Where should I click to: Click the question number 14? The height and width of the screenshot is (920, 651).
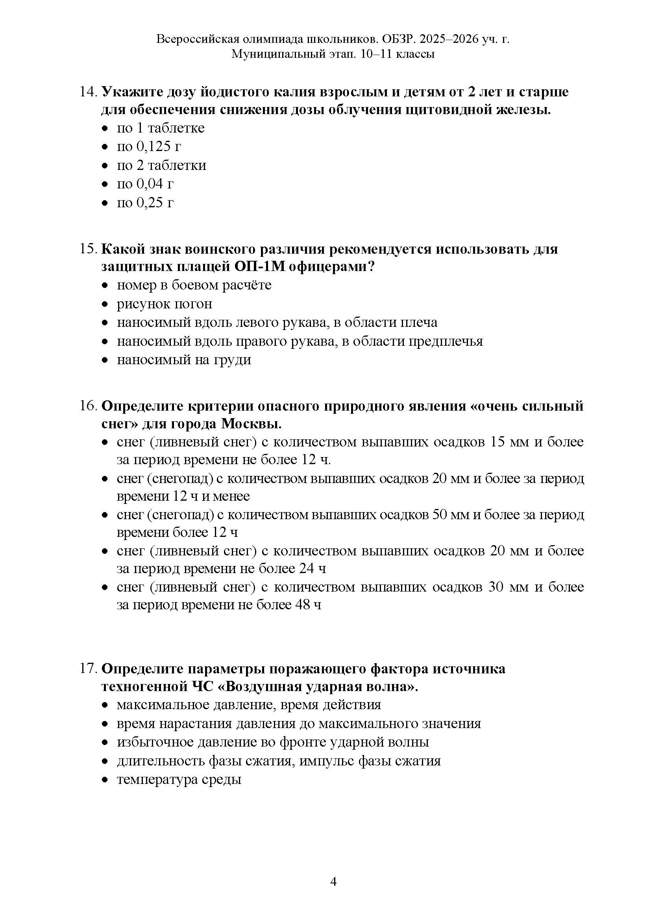click(x=88, y=92)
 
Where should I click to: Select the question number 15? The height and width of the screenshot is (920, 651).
click(x=88, y=249)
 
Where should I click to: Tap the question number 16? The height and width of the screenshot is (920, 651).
click(x=88, y=406)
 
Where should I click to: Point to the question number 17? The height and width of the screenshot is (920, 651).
click(x=88, y=668)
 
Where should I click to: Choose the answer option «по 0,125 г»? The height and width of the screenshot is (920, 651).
click(x=149, y=147)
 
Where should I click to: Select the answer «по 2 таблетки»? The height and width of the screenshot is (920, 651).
click(x=161, y=165)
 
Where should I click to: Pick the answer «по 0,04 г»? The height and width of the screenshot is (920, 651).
click(x=145, y=184)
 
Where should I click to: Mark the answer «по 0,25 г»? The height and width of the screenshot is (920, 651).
click(x=145, y=203)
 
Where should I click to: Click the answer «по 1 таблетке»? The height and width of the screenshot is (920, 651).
click(x=160, y=128)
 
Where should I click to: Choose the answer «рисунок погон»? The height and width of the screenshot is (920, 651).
click(x=165, y=304)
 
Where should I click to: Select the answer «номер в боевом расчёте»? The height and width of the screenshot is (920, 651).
click(x=194, y=285)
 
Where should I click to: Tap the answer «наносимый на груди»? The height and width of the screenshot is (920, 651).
click(x=184, y=360)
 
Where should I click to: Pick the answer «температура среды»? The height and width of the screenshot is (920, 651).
click(x=179, y=779)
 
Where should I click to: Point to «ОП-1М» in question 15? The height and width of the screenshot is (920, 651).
click(x=258, y=267)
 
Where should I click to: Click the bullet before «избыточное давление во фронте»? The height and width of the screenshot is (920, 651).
click(x=105, y=743)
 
